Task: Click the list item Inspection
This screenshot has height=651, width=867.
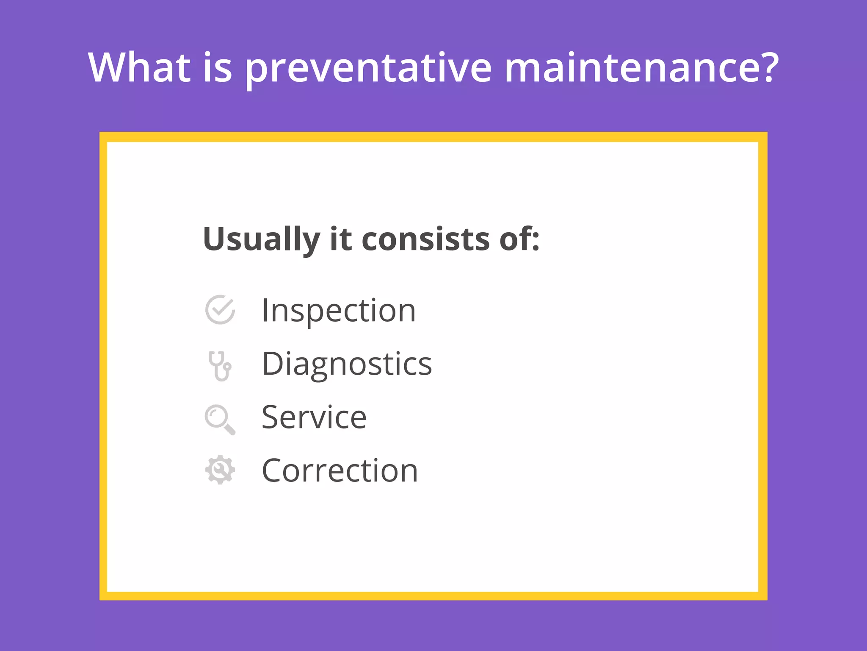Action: coord(339,311)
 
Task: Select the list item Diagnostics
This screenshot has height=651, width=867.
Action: coord(347,364)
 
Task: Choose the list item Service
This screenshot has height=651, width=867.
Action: coord(314,417)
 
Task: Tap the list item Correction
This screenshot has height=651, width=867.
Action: coord(340,471)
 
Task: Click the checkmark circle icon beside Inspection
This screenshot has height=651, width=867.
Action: coord(220,310)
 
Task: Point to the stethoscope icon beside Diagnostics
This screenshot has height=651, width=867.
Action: coord(220,366)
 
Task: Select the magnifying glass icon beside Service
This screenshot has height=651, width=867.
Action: coord(219,419)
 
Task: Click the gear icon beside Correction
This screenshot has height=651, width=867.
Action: coord(220,470)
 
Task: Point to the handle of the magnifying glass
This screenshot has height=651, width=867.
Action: coord(229,430)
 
